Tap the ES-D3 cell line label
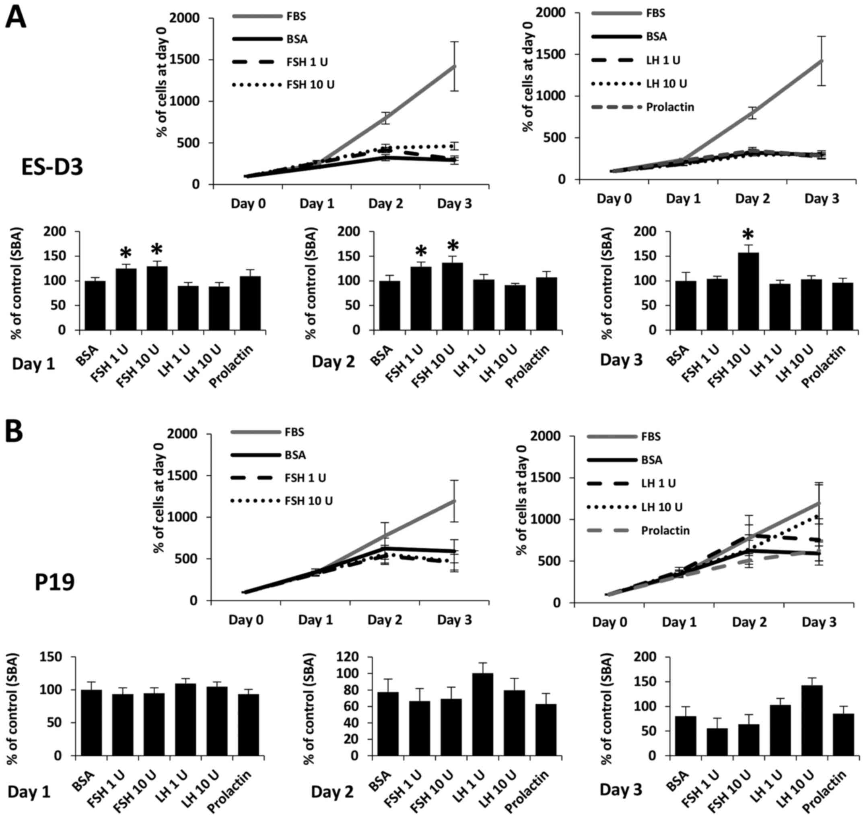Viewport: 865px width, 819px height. point(52,167)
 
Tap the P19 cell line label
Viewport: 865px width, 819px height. point(55,582)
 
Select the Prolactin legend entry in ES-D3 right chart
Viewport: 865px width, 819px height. point(670,107)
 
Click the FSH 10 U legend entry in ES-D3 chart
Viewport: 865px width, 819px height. point(310,85)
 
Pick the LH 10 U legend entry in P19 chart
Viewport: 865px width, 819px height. point(663,507)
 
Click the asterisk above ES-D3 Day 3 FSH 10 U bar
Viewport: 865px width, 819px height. point(748,236)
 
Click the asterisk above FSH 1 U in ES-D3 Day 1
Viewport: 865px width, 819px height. point(126,253)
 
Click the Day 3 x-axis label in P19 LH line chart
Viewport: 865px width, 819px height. point(819,622)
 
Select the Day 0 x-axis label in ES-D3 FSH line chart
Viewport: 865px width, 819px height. point(248,203)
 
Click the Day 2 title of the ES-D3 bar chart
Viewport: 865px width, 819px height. point(333,361)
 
